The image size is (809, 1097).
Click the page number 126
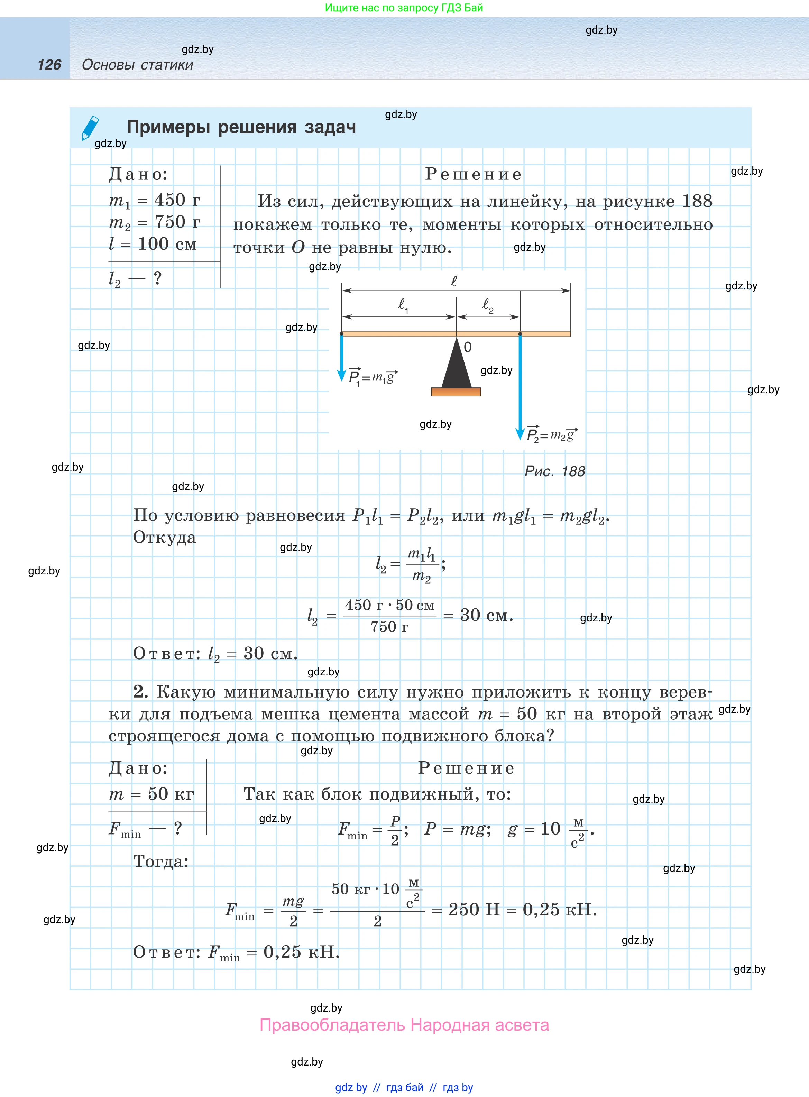pos(49,65)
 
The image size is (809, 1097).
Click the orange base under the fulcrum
pos(456,391)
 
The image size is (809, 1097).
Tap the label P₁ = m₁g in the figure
pos(372,377)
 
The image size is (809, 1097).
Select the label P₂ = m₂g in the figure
pos(551,434)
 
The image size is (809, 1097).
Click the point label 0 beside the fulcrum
pos(468,347)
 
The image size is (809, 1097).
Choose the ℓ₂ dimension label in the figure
pos(488,305)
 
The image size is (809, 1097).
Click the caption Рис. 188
pos(554,471)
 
